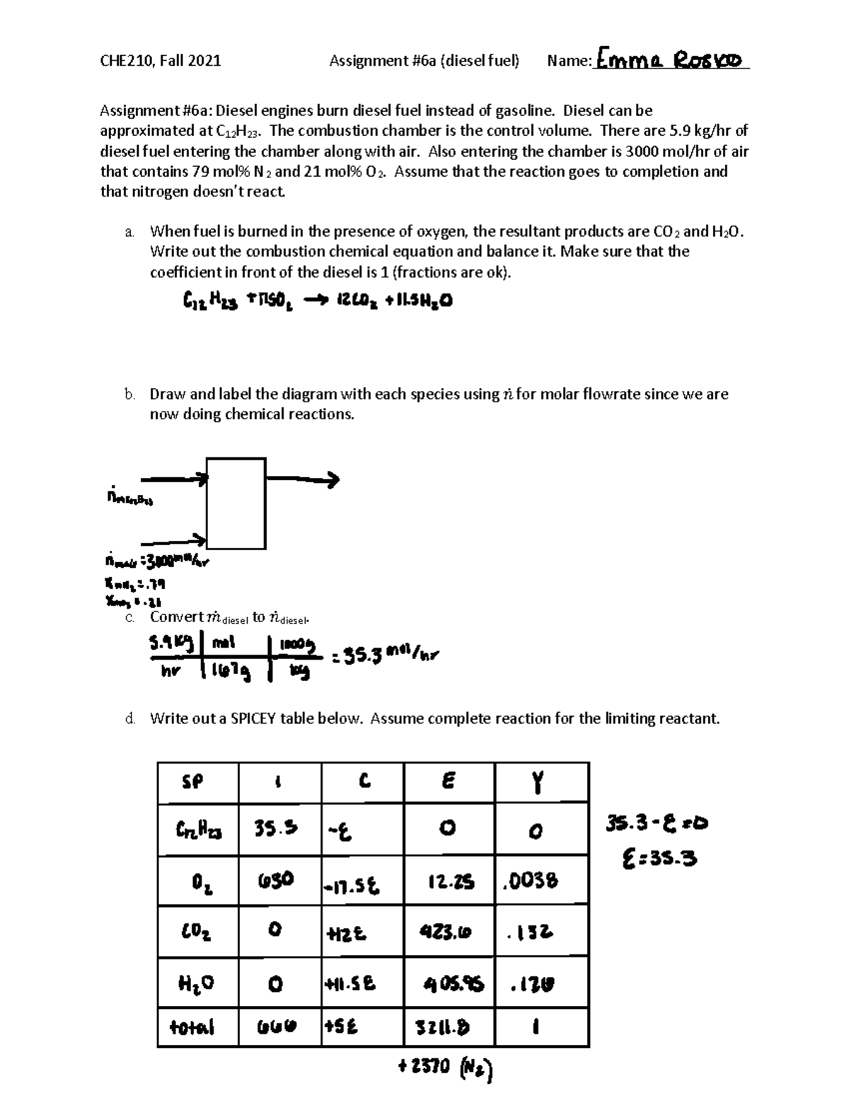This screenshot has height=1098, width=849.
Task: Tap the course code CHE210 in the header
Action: [x=127, y=61]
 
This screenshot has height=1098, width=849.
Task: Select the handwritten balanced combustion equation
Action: [x=316, y=302]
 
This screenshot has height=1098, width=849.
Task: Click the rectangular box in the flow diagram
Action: [x=236, y=503]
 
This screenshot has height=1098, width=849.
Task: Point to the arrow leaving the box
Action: [x=303, y=480]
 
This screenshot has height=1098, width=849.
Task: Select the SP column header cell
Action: [x=197, y=782]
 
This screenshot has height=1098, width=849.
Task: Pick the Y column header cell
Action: [x=541, y=782]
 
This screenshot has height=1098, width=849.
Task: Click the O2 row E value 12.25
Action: [x=449, y=881]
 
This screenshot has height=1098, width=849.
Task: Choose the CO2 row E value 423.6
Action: [x=449, y=932]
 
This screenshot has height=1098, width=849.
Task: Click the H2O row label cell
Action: [x=197, y=983]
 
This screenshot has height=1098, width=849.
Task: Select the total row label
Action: [x=192, y=1027]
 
